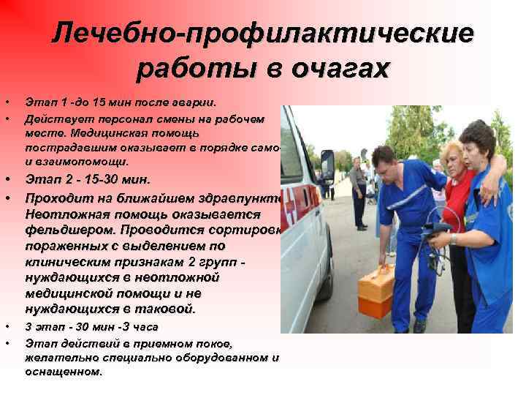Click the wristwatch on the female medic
[454, 238]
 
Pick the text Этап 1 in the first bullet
[45, 102]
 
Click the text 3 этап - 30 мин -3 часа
[91, 326]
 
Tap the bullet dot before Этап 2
[7, 179]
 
